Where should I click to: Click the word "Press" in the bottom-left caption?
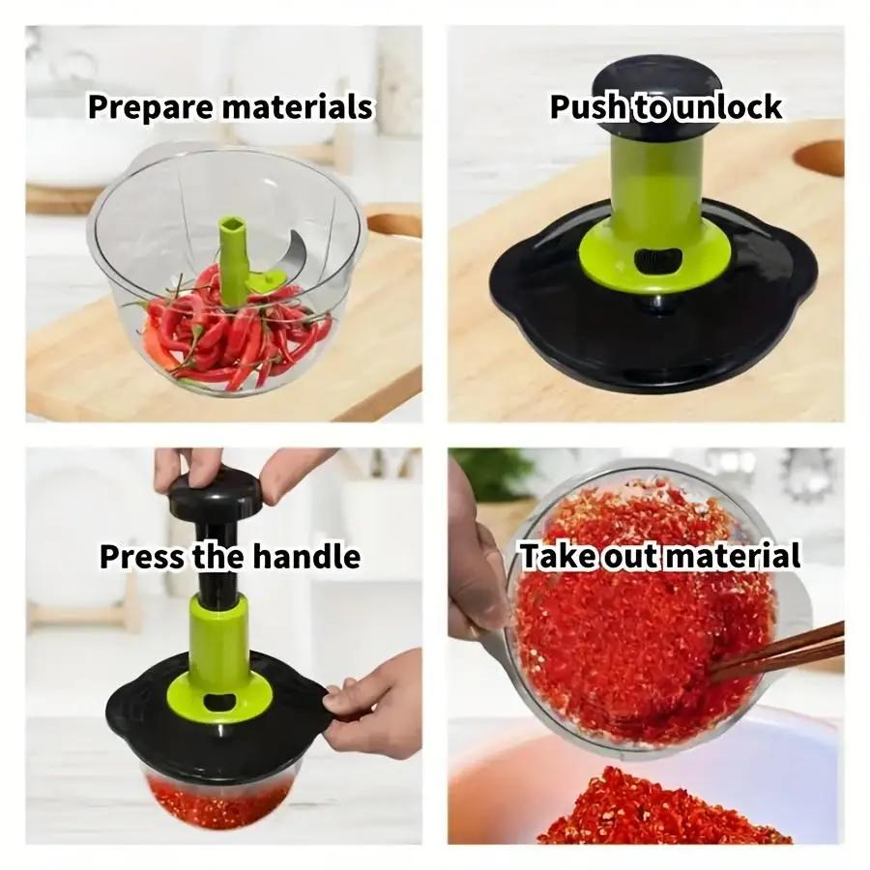(x=142, y=557)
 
